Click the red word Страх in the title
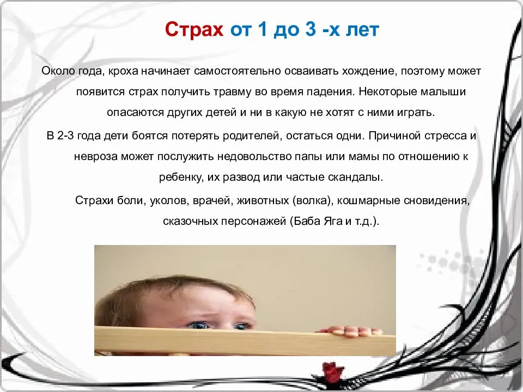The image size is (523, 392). pyautogui.click(x=194, y=29)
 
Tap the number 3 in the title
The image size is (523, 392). pyautogui.click(x=310, y=29)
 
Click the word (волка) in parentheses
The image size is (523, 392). pyautogui.click(x=313, y=200)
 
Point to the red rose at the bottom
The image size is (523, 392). pyautogui.click(x=332, y=372)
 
